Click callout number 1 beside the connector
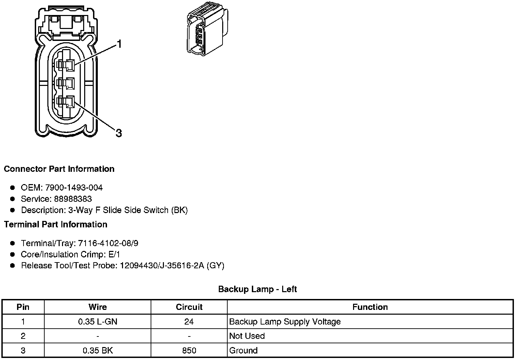point(119,44)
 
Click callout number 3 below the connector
point(119,133)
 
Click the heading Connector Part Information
point(59,169)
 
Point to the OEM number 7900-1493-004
point(74,187)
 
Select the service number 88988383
point(73,199)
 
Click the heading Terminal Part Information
point(56,224)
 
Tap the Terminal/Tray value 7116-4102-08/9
point(108,243)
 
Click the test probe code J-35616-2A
point(180,266)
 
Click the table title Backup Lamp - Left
point(257,289)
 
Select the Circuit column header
point(189,307)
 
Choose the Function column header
point(370,307)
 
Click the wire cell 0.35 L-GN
point(97,321)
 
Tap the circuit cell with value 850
point(189,350)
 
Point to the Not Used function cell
point(247,336)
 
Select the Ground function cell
point(243,350)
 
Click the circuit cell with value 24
point(189,321)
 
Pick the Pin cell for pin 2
point(23,336)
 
